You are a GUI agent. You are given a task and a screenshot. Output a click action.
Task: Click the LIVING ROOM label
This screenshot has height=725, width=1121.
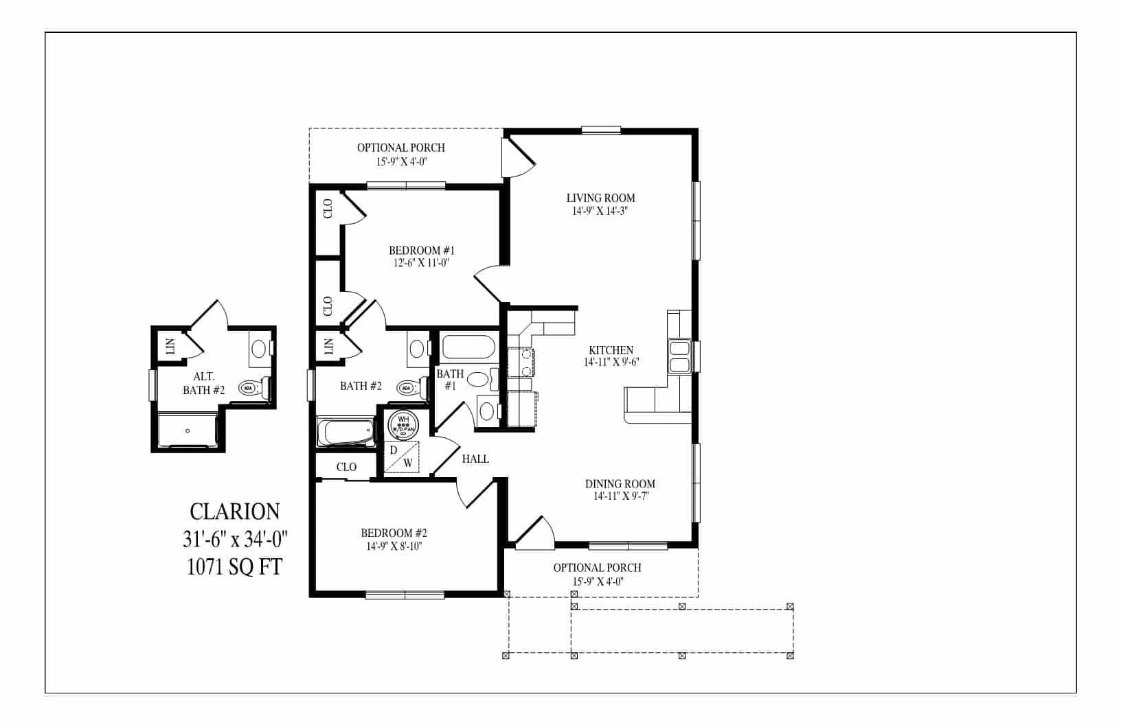pyautogui.click(x=601, y=198)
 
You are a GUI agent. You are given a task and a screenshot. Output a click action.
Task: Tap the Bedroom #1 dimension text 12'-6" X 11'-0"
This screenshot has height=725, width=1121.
pyautogui.click(x=421, y=262)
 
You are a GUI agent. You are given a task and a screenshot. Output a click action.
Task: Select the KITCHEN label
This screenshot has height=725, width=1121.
pyautogui.click(x=611, y=350)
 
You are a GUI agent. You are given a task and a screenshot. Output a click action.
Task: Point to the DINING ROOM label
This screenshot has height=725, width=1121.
pyautogui.click(x=620, y=484)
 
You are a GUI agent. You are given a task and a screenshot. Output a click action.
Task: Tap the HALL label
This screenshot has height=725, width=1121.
pyautogui.click(x=475, y=459)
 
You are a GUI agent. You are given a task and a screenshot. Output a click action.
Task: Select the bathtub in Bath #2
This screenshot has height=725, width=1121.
pyautogui.click(x=346, y=433)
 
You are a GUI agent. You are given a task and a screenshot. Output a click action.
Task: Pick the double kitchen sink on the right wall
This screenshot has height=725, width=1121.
pyautogui.click(x=679, y=356)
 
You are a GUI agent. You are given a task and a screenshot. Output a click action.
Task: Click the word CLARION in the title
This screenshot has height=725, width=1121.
pyautogui.click(x=234, y=511)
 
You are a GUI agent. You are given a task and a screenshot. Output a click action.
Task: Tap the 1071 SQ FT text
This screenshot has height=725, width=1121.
pyautogui.click(x=234, y=567)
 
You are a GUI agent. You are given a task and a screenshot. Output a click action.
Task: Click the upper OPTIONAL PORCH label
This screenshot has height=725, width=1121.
pyautogui.click(x=400, y=148)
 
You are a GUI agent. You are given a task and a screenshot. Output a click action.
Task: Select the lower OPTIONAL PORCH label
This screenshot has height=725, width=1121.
pyautogui.click(x=597, y=568)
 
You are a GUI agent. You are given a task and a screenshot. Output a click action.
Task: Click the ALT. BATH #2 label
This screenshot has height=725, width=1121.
pyautogui.click(x=204, y=383)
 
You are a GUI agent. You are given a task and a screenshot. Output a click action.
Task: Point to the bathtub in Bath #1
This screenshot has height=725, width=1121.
pyautogui.click(x=468, y=346)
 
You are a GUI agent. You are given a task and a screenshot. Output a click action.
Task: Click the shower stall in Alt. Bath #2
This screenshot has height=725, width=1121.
pyautogui.click(x=187, y=430)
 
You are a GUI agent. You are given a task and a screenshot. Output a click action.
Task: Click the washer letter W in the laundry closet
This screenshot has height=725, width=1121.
pyautogui.click(x=408, y=463)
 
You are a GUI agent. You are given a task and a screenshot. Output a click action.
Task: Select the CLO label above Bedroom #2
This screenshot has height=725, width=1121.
pyautogui.click(x=346, y=467)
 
